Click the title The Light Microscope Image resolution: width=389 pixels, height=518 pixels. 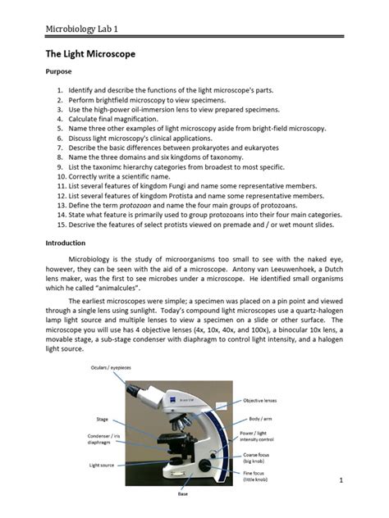coord(89,54)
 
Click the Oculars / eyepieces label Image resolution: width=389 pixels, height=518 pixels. coord(112,367)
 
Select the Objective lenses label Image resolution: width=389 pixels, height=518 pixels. coord(262,400)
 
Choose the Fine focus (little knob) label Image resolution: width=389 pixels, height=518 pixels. coord(259,475)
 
